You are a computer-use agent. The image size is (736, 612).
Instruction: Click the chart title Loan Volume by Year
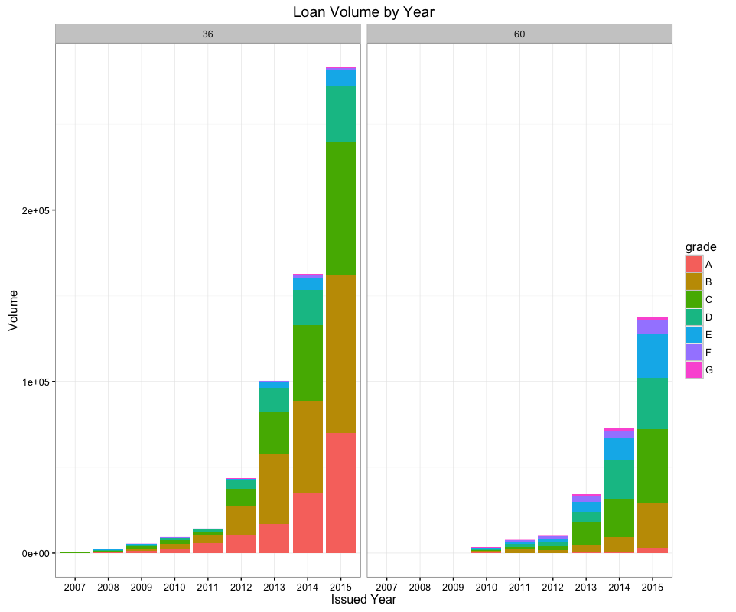pyautogui.click(x=363, y=12)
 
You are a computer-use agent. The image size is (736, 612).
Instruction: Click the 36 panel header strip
pyautogui.click(x=207, y=34)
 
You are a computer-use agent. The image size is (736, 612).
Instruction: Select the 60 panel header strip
pyautogui.click(x=519, y=34)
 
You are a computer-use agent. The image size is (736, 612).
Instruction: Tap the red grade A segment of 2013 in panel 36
pyautogui.click(x=274, y=539)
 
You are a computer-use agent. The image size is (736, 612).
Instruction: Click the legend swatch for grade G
pyautogui.click(x=694, y=369)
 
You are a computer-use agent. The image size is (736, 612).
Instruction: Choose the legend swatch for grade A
pyautogui.click(x=694, y=264)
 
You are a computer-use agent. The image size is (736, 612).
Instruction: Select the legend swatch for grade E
pyautogui.click(x=694, y=334)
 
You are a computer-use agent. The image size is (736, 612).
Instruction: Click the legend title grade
pyautogui.click(x=700, y=246)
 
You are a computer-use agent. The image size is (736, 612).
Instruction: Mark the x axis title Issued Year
pyautogui.click(x=363, y=600)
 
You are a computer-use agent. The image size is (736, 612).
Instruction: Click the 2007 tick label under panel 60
pyautogui.click(x=387, y=586)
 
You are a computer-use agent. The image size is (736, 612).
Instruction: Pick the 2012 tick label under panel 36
pyautogui.click(x=241, y=586)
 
